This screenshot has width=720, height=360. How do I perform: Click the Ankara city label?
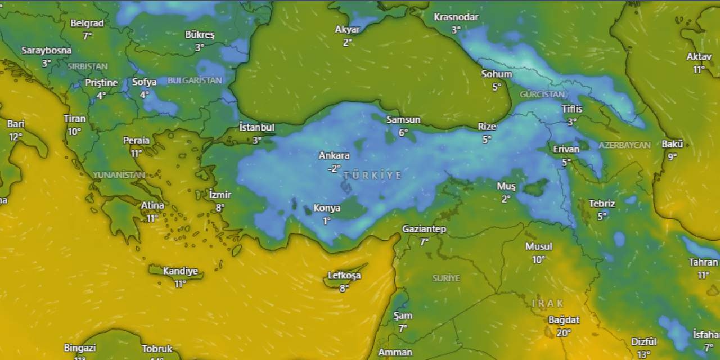[x=334, y=155]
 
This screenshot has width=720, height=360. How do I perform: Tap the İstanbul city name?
[x=256, y=127]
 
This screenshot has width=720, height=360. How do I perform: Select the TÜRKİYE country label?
[x=372, y=175]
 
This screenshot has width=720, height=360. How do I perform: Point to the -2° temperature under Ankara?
[x=334, y=168]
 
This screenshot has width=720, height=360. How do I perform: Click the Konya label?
[x=327, y=208]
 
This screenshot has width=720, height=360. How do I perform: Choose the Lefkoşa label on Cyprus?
[x=344, y=276]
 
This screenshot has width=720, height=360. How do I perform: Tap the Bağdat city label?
[x=564, y=319]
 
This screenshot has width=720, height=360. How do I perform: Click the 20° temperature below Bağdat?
[x=564, y=332]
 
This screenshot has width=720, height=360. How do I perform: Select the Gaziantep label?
[x=424, y=229]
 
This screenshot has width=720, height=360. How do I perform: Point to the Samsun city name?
[x=403, y=119]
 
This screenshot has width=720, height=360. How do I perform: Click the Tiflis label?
[x=572, y=109]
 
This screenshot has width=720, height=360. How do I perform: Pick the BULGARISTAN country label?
[x=195, y=80]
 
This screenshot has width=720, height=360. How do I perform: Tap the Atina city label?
[x=152, y=205]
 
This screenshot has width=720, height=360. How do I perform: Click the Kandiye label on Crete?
[x=180, y=271]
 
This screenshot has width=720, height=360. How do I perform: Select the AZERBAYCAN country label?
[x=624, y=145]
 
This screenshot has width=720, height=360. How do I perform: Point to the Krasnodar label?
[x=456, y=17]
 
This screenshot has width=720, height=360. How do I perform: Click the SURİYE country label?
[x=446, y=278]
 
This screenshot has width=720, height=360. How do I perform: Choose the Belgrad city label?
[x=87, y=23]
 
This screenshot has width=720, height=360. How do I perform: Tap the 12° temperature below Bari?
[x=15, y=137]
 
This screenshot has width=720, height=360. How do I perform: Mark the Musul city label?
[x=539, y=246]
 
